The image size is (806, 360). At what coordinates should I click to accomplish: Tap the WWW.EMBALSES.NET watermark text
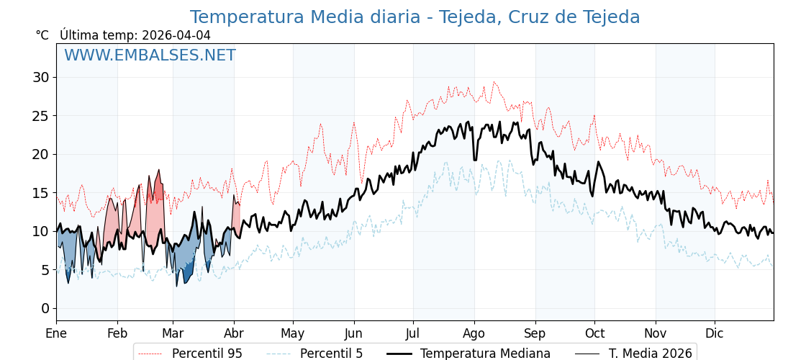[x=150, y=55]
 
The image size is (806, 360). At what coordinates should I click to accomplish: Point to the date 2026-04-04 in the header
[x=176, y=35]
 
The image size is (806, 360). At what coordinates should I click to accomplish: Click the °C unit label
[x=42, y=35]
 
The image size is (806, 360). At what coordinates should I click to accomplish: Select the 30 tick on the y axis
[x=41, y=77]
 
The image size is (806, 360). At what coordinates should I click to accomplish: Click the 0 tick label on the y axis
[x=45, y=308]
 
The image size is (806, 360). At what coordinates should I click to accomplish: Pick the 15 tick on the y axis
[x=41, y=192]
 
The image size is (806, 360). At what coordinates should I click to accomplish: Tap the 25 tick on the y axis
[x=41, y=115]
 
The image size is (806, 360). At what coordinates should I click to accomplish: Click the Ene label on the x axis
[x=56, y=333]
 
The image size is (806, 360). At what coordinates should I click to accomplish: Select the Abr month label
[x=234, y=333]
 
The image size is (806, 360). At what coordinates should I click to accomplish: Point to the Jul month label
[x=413, y=333]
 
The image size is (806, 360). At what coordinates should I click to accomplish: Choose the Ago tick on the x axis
[x=474, y=333]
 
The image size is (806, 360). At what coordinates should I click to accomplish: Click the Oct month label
[x=594, y=333]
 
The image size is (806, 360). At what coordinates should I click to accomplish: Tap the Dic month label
[x=715, y=333]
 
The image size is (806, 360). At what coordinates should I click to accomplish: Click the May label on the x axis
[x=293, y=333]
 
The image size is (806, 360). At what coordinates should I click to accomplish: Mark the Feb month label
[x=117, y=333]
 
